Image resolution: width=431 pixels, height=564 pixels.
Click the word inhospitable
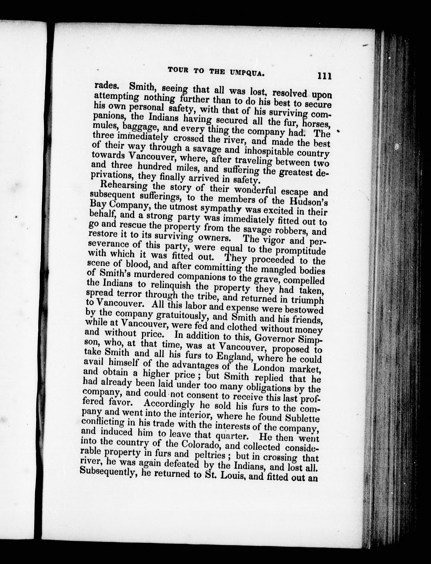pyautogui.click(x=269, y=151)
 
